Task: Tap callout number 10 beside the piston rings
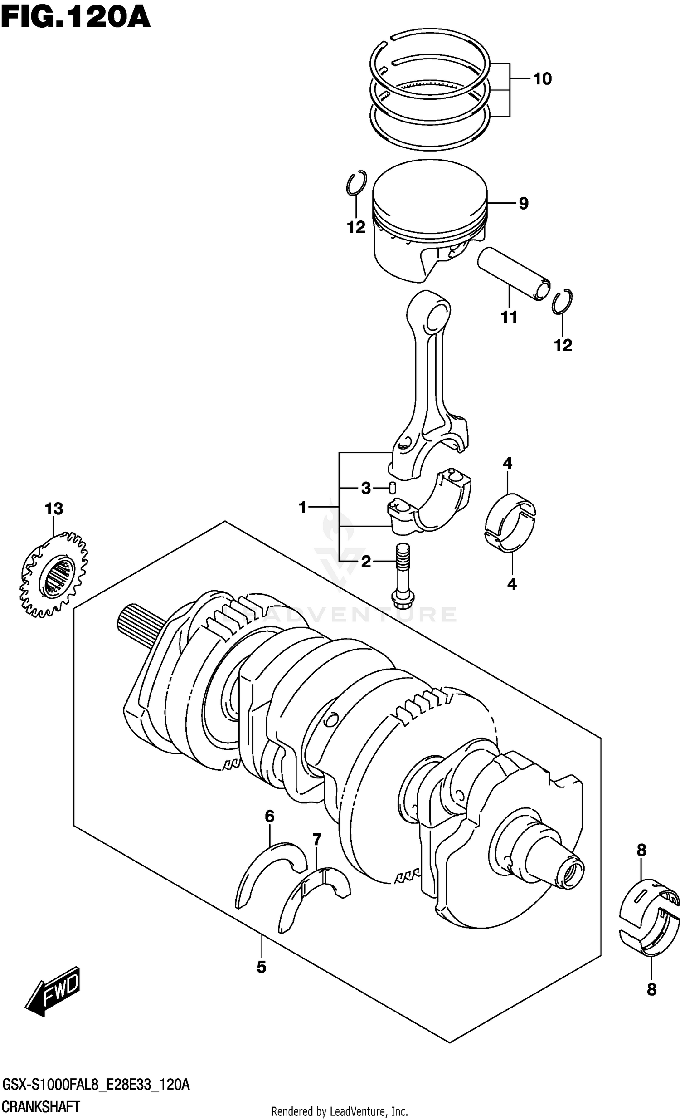542,79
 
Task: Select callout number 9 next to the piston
523,204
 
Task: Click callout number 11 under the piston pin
509,317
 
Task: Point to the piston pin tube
514,273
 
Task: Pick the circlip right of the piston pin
562,301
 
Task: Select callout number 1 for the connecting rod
303,507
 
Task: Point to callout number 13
53,509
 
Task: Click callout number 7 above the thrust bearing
316,840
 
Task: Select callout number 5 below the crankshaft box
261,967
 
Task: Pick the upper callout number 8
641,850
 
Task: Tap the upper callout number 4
507,464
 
